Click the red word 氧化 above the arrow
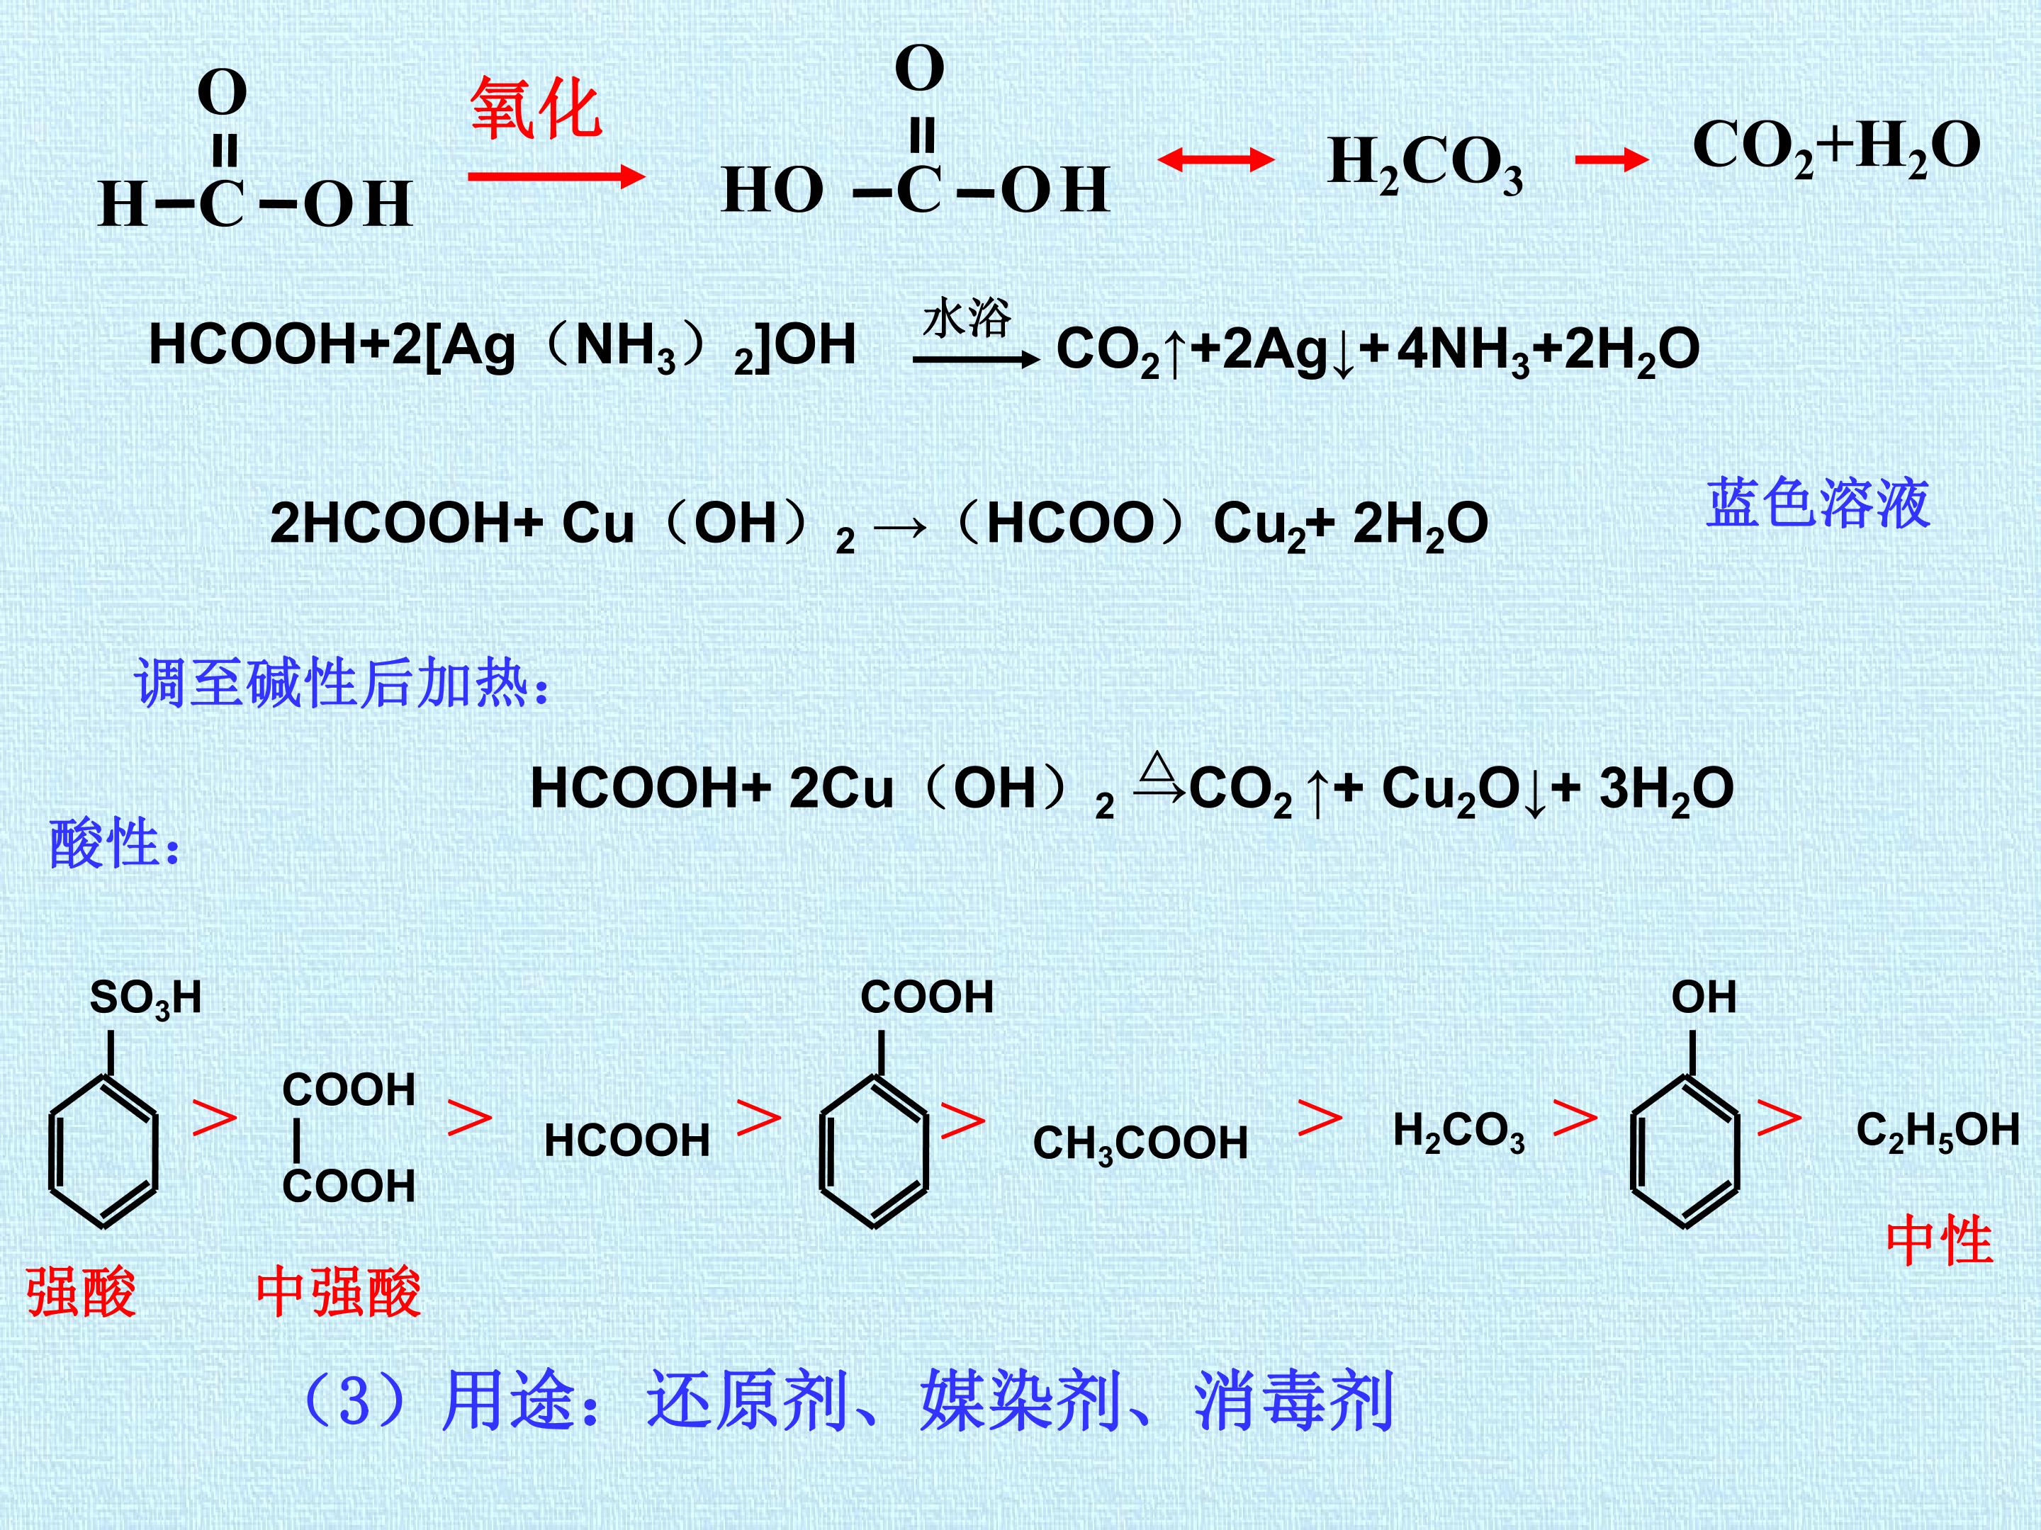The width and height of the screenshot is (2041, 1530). pos(536,109)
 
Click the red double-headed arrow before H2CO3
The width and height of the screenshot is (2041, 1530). pos(1216,161)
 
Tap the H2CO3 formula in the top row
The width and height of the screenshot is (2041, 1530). pos(1426,165)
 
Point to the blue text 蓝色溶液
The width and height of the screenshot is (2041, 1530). pos(1818,504)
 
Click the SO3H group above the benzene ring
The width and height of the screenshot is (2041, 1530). pos(146,999)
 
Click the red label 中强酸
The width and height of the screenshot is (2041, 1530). pos(339,1292)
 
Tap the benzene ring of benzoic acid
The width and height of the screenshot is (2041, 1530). pos(874,1152)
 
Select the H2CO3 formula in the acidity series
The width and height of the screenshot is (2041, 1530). pos(1458,1132)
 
